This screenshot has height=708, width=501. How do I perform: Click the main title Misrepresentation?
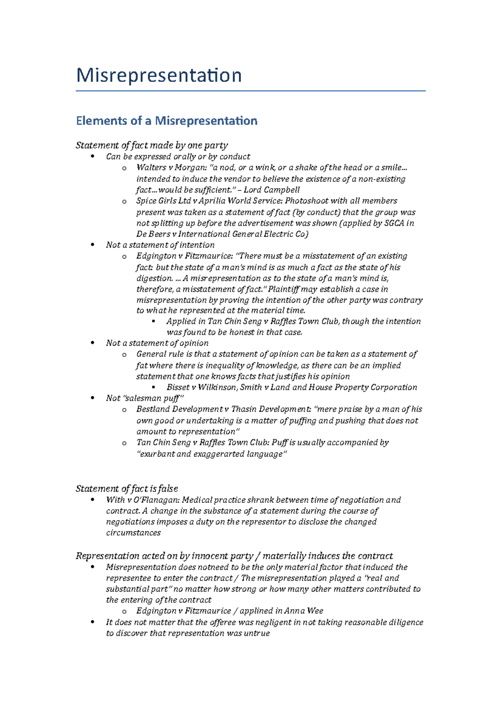coord(159,75)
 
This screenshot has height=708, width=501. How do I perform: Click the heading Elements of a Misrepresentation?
coord(166,121)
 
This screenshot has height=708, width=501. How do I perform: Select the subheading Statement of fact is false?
coord(127,489)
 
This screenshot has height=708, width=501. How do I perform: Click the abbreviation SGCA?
coord(394,223)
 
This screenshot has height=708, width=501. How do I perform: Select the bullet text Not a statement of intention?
coord(160,245)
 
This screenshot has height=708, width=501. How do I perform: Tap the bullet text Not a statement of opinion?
coord(157,343)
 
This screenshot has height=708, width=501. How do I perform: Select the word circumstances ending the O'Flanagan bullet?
coord(133,533)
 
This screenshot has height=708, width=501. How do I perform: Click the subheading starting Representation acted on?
coord(234,556)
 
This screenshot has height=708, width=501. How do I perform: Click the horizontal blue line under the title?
coord(250,90)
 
